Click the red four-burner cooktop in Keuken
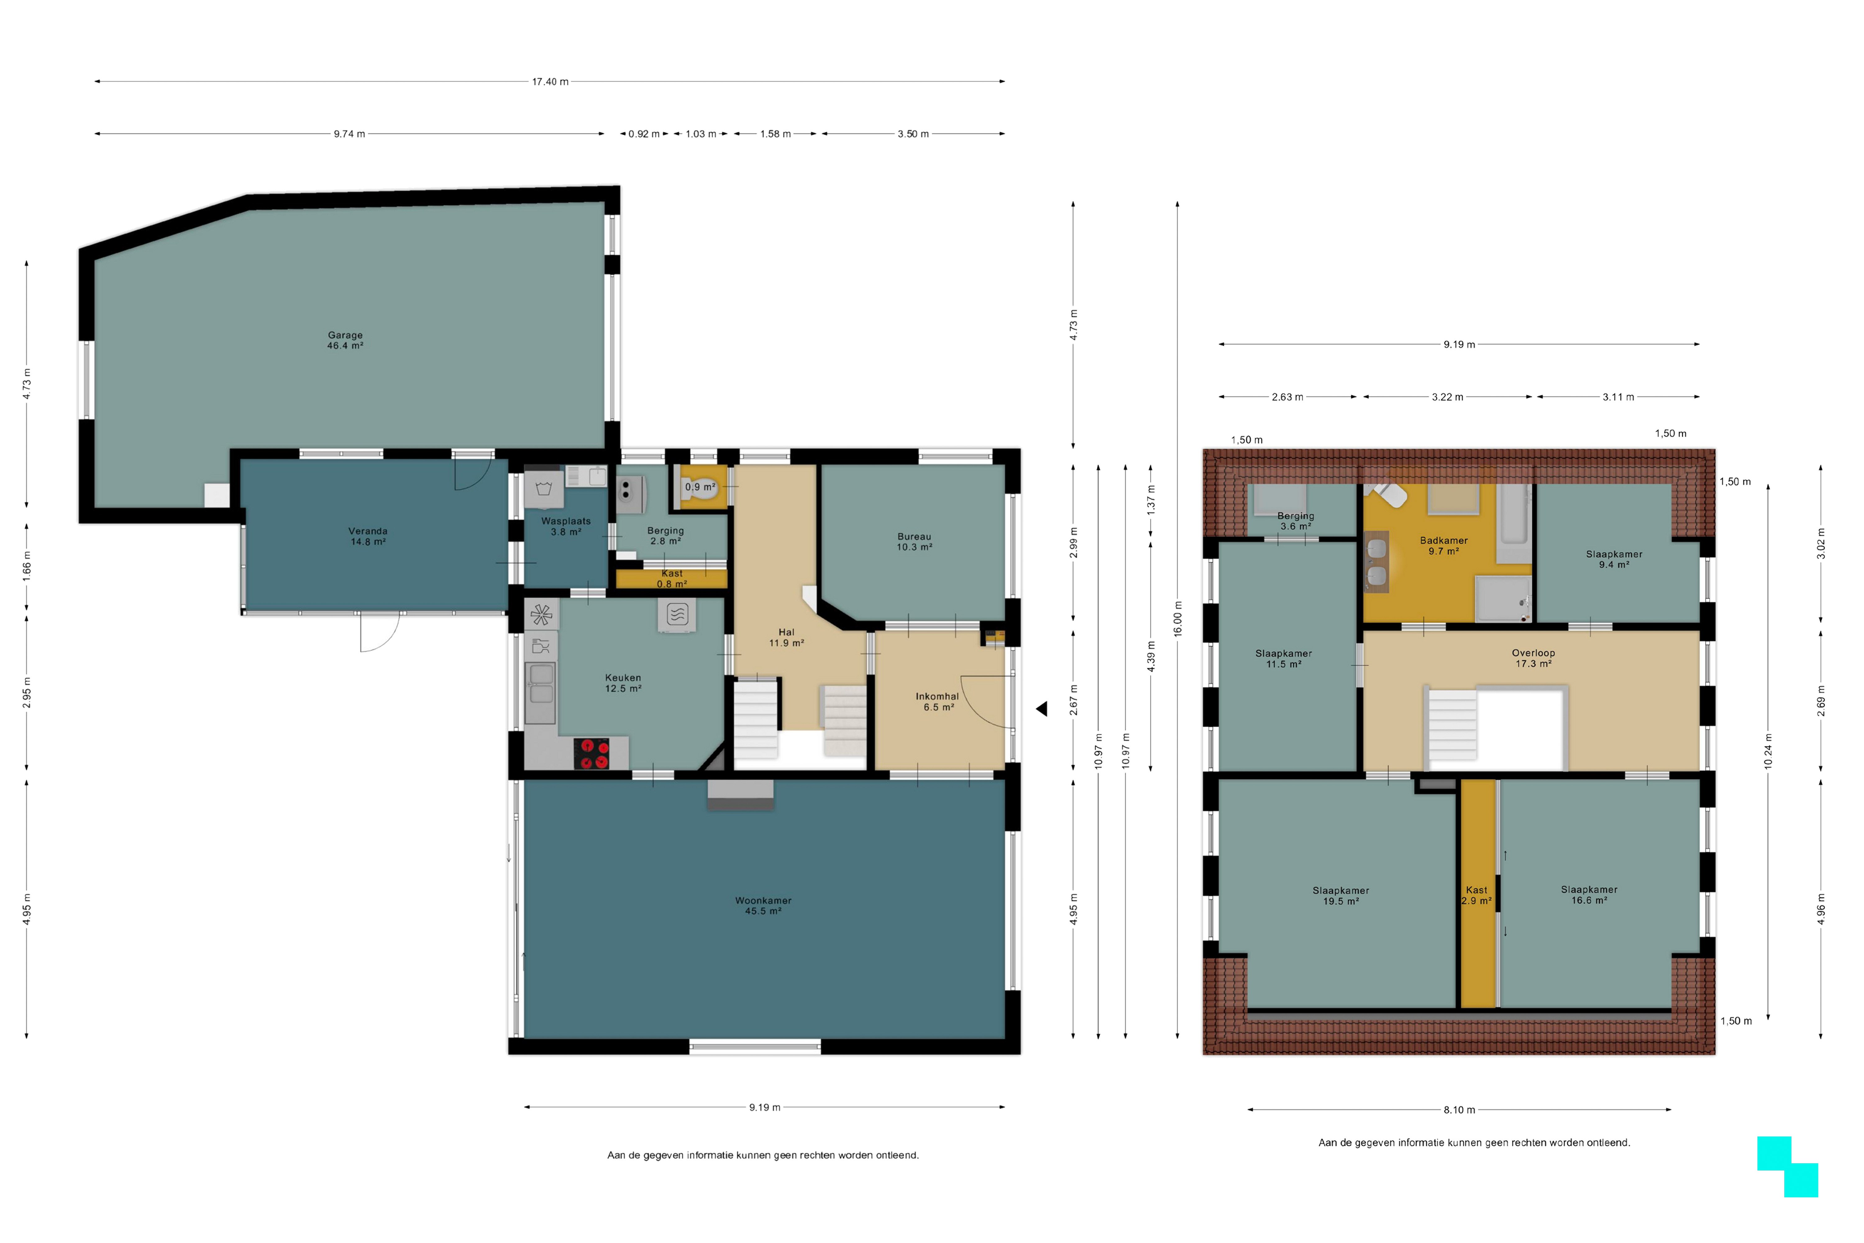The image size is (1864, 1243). click(592, 754)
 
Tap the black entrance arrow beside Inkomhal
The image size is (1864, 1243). click(1041, 709)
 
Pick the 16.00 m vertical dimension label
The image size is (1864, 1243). click(1178, 618)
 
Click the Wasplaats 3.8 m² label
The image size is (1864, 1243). click(566, 526)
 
